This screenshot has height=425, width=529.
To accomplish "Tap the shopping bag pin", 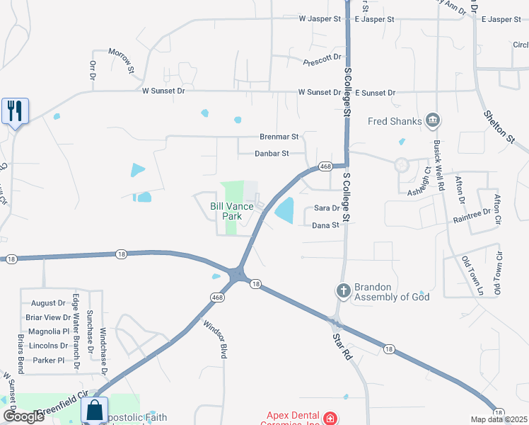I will (x=94, y=410).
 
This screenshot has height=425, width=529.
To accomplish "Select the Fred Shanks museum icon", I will (x=434, y=121).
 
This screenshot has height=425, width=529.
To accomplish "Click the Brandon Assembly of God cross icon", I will (x=343, y=291).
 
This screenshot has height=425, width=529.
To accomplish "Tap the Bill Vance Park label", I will (x=231, y=211).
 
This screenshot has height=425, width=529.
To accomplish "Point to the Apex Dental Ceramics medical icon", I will (x=330, y=419).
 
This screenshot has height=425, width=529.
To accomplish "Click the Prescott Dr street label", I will (x=322, y=60).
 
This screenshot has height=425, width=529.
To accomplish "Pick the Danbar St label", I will (x=272, y=153).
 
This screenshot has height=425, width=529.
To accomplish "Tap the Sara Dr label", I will (x=327, y=208).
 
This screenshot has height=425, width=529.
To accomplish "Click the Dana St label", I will (x=326, y=225).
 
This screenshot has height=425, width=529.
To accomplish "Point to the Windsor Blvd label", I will (x=215, y=339).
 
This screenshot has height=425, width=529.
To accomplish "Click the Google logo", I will (x=23, y=416).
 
